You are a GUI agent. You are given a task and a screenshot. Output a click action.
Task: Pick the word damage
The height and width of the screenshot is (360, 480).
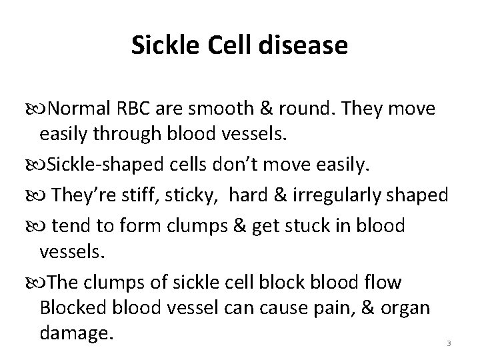74,333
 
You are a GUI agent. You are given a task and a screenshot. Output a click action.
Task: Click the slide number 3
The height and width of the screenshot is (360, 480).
449,344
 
